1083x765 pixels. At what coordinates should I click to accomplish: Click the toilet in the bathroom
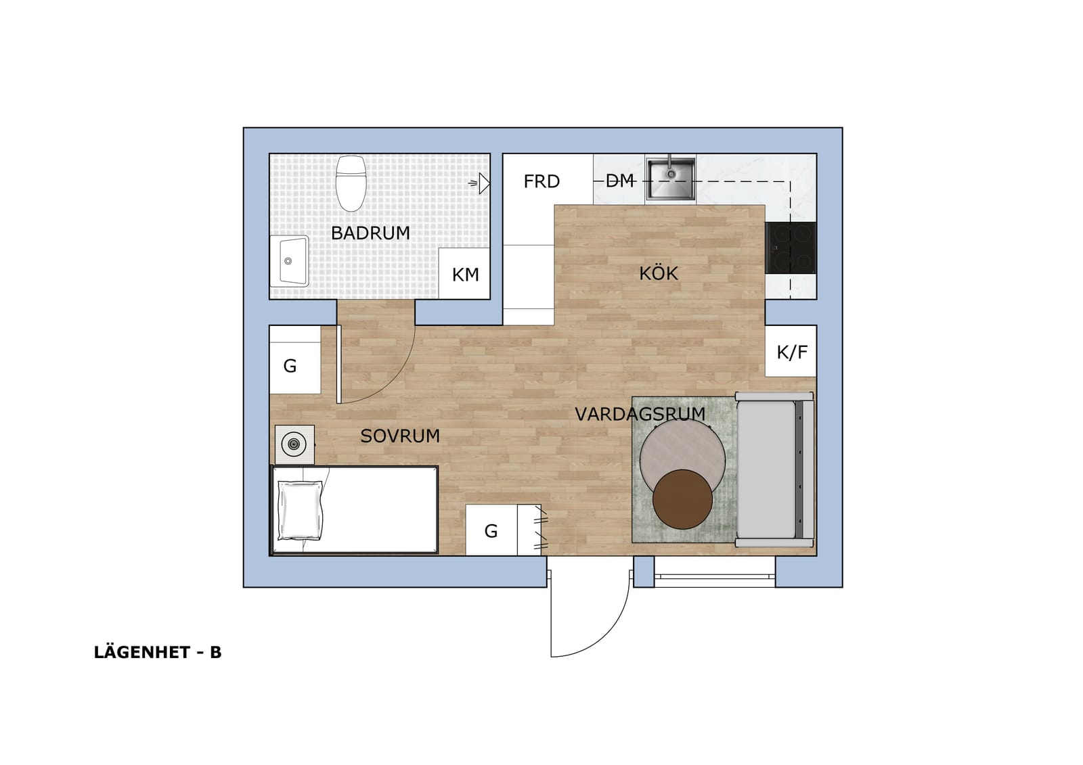351,183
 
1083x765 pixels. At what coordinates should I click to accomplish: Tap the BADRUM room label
370,233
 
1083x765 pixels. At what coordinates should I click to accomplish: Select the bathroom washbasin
289,261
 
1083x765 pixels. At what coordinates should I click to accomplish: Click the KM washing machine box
464,274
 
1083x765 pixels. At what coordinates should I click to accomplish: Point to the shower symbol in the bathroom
480,183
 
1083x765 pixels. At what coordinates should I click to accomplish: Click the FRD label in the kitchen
541,182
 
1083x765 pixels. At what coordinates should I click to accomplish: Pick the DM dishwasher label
620,181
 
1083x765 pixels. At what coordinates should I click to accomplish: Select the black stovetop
791,248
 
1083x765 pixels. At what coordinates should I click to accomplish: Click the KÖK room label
659,274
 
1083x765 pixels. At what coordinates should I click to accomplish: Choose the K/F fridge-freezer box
791,351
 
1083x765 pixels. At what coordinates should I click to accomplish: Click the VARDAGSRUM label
640,414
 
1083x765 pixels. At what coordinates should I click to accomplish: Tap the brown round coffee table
682,499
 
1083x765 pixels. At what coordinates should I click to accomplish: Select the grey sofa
774,469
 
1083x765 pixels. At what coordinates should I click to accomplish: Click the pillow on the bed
301,510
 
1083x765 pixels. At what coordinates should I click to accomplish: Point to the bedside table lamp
293,444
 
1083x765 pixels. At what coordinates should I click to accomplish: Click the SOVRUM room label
400,436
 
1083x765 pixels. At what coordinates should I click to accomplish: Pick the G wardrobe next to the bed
502,530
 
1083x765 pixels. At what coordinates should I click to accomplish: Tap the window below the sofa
715,572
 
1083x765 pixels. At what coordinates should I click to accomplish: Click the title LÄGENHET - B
158,653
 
